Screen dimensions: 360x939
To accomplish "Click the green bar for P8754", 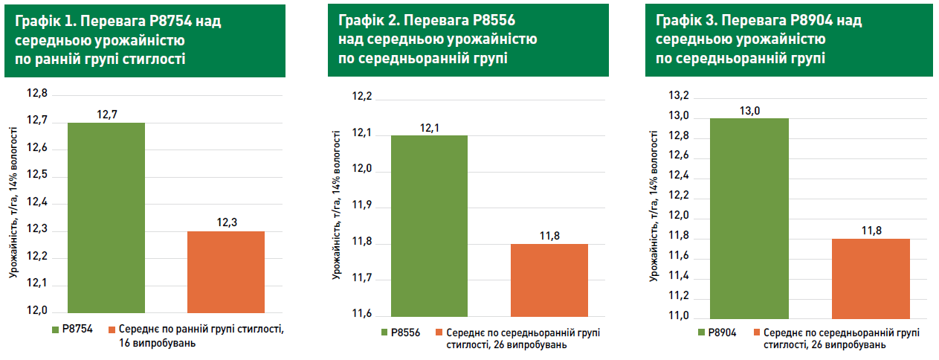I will tap(106, 217).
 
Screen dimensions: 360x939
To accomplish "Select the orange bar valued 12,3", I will tap(226, 271).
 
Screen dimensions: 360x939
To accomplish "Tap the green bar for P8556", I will tap(429, 225).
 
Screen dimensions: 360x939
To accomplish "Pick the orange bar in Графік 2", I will tap(549, 279).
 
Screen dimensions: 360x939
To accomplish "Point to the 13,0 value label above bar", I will tap(749, 111).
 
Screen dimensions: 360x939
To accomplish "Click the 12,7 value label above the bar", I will tap(106, 115).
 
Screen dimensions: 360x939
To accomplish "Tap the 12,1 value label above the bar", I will tap(429, 128).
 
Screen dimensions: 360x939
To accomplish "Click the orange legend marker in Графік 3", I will tap(756, 332).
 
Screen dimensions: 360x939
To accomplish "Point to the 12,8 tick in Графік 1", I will tap(36, 94).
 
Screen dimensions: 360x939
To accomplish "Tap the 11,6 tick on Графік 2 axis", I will tap(361, 315).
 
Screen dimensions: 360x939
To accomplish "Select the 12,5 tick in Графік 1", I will tap(36, 176).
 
